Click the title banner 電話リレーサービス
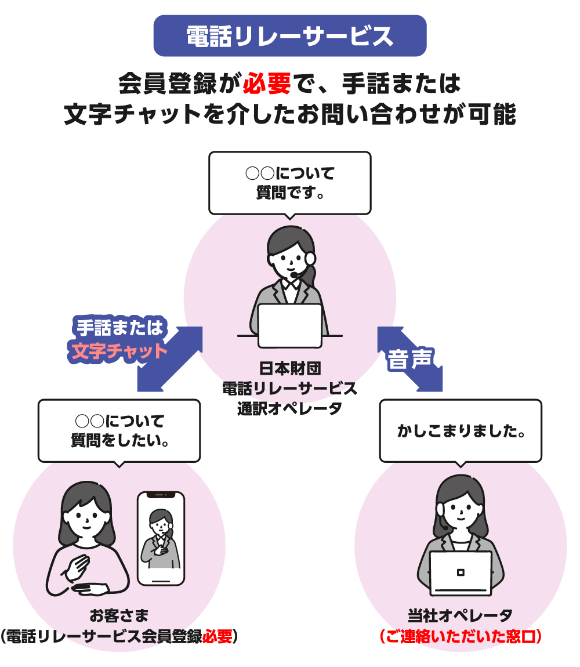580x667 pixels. [x=290, y=36]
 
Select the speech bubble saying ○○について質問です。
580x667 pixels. [x=289, y=183]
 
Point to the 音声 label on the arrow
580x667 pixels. [x=410, y=360]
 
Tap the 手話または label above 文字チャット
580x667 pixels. [x=119, y=328]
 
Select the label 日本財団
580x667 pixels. [x=289, y=368]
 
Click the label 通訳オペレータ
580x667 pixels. [x=289, y=408]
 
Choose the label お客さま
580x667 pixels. [x=119, y=615]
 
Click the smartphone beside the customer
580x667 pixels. [x=161, y=538]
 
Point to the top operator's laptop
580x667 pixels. [x=289, y=325]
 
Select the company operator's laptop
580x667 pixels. [x=461, y=573]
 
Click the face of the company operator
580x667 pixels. [x=461, y=509]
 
